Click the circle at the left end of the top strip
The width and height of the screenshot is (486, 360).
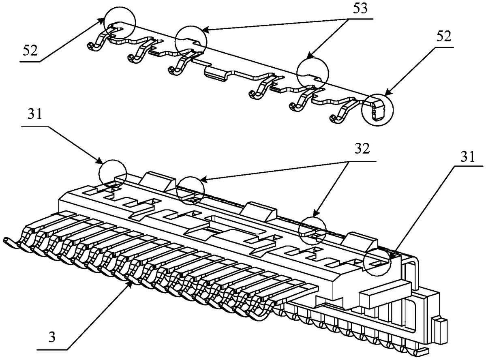pyautogui.click(x=119, y=24)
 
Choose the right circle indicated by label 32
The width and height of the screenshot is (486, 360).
pyautogui.click(x=313, y=230)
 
